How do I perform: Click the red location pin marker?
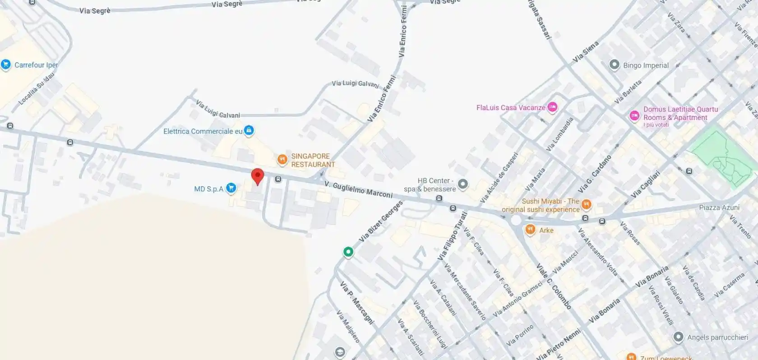[x=257, y=176]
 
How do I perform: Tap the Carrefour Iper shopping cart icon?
[x=6, y=65]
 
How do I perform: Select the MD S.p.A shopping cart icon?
[x=231, y=188]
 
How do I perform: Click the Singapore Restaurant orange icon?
[x=282, y=159]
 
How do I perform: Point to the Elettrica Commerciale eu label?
[x=203, y=131]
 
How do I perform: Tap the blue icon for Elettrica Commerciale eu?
[x=249, y=131]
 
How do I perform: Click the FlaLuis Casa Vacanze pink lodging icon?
[x=552, y=107]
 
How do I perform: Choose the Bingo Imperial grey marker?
[x=614, y=65]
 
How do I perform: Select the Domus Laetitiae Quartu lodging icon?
[x=634, y=115]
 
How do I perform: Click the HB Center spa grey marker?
[x=463, y=184]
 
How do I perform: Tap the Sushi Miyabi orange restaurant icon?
[x=586, y=204]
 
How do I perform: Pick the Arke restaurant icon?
[x=530, y=230]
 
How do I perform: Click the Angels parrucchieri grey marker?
[x=678, y=337]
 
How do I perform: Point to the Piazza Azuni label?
[x=719, y=208]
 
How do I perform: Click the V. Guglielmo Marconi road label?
[x=358, y=190]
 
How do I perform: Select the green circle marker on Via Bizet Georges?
[x=348, y=252]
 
